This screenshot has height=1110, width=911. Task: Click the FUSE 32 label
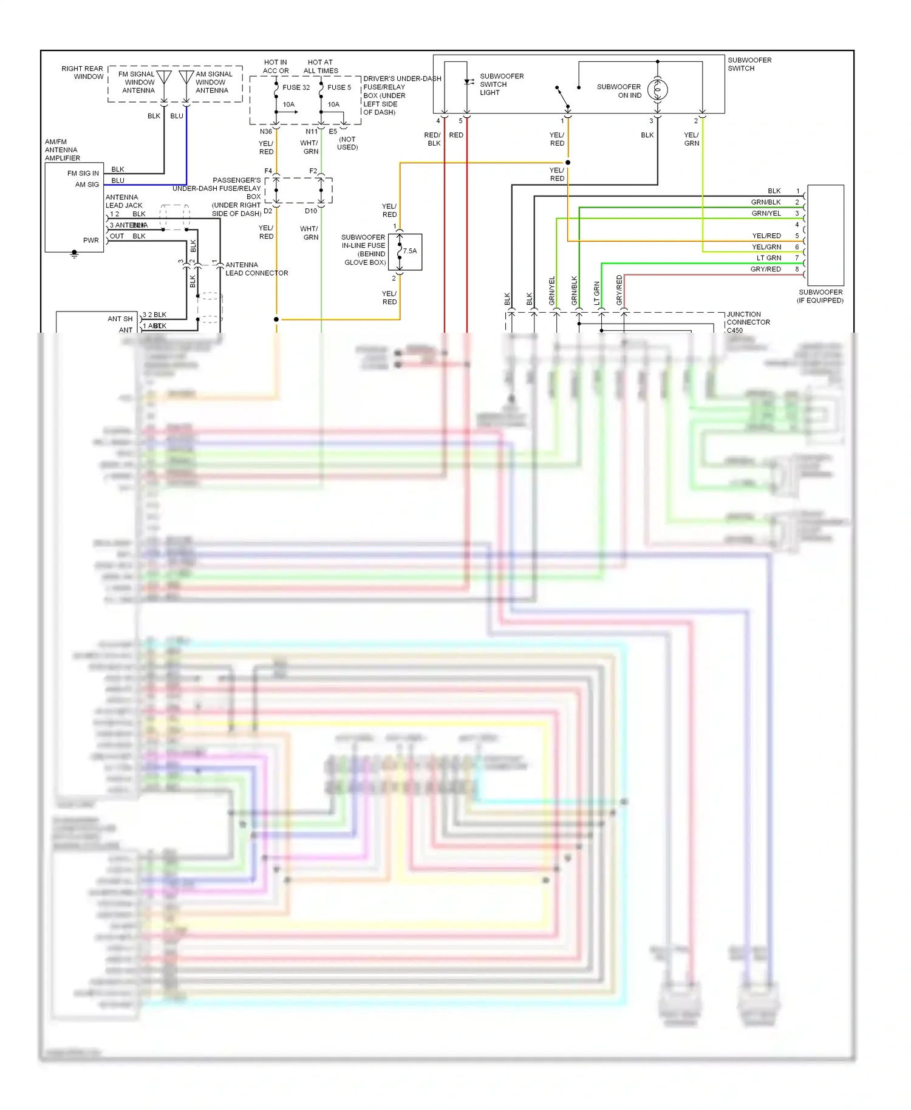click(296, 87)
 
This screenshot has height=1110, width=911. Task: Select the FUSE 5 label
click(339, 87)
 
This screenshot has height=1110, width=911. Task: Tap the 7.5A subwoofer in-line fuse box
click(405, 251)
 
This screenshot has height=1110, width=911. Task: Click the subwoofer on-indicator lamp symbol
click(657, 90)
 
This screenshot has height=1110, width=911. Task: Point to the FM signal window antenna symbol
click(164, 78)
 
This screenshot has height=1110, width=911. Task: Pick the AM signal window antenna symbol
click(186, 78)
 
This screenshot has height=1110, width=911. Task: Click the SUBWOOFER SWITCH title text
click(749, 64)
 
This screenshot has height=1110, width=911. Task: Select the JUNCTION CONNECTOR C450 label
click(748, 322)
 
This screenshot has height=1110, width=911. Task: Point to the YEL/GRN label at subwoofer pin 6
click(766, 247)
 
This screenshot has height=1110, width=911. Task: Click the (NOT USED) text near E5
click(347, 143)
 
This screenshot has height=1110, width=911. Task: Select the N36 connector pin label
click(265, 131)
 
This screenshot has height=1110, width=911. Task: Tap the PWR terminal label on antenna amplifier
click(90, 240)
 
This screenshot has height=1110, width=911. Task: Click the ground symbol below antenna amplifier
click(74, 254)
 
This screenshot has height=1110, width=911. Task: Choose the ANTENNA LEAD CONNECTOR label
click(256, 269)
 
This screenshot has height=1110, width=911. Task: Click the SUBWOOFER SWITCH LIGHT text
click(501, 84)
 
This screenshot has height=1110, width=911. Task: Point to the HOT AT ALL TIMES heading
click(320, 66)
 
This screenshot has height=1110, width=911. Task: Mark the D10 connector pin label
click(310, 211)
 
